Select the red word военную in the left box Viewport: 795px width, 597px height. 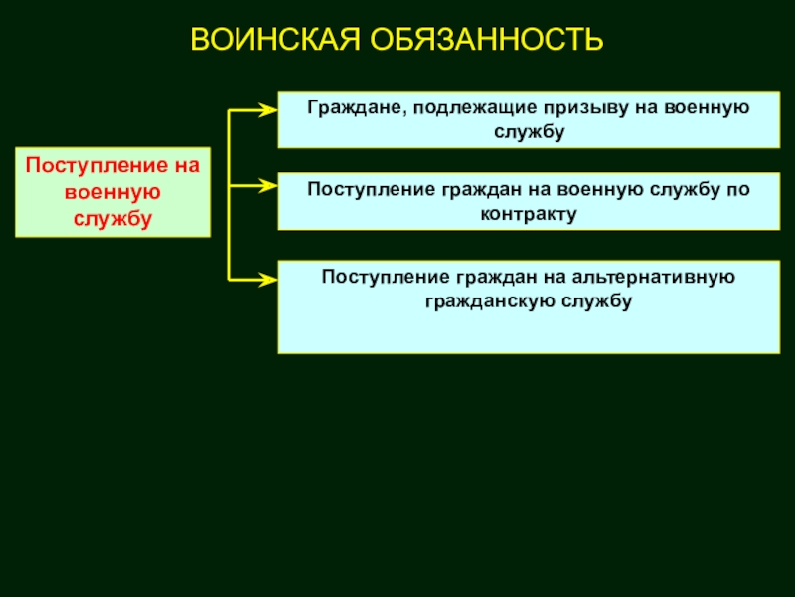[112, 191]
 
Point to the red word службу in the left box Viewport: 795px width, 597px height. [112, 218]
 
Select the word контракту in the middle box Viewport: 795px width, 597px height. [528, 213]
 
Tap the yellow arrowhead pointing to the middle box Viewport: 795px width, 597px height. [267, 184]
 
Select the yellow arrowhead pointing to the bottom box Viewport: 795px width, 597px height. [267, 280]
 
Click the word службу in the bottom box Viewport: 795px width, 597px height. [595, 299]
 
